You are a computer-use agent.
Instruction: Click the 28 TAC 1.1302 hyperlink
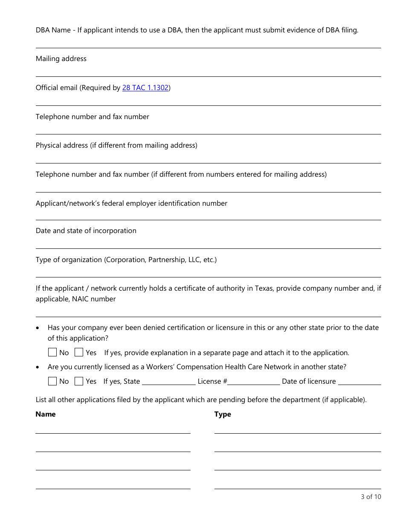tap(145, 88)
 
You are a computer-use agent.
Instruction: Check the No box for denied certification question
tap(52, 353)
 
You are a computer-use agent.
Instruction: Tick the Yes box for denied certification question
tap(79, 353)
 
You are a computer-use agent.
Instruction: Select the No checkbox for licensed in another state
tap(52, 381)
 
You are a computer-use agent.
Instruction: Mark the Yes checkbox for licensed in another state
tap(79, 381)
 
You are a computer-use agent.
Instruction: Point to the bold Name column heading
tap(46, 414)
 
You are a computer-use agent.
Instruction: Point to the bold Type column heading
tap(223, 414)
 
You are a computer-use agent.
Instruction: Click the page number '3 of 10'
tap(371, 497)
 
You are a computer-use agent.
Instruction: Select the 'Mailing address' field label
tap(61, 59)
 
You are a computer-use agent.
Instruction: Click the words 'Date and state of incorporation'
tap(86, 231)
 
